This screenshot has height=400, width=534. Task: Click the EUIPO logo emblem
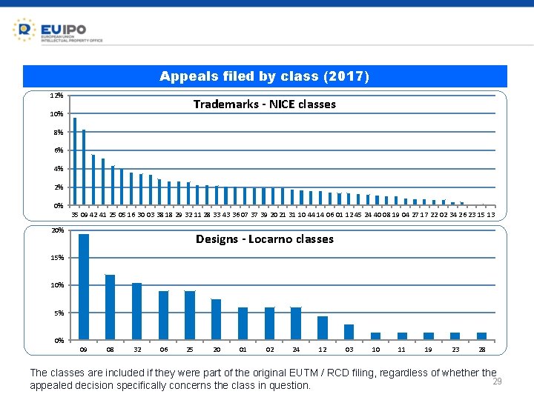[x=24, y=30]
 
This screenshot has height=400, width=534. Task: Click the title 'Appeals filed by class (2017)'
[x=265, y=76]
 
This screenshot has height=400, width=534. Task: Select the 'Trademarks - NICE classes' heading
[x=264, y=104]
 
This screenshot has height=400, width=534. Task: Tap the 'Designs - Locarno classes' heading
[x=264, y=239]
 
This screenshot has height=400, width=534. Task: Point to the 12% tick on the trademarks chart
[x=56, y=96]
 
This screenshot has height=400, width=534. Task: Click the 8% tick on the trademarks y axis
[x=57, y=133]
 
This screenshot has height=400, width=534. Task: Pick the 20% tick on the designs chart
[x=57, y=230]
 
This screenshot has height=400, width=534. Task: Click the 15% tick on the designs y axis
[x=57, y=258]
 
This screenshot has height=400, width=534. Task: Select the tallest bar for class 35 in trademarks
[x=75, y=161]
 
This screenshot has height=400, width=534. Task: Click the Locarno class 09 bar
[x=84, y=287]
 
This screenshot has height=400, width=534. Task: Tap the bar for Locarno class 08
[x=110, y=307]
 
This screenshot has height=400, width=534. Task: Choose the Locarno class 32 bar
[x=136, y=311]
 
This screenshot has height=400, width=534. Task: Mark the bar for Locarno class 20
[x=216, y=319]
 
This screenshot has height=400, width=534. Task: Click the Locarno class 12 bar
[x=322, y=327]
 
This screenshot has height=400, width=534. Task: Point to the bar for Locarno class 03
[x=349, y=332]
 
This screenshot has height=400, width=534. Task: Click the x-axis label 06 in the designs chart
[x=163, y=348]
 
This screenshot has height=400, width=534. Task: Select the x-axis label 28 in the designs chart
[x=481, y=348]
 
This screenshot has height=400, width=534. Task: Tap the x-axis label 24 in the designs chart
[x=296, y=348]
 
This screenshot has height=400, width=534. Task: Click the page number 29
[x=498, y=381]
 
